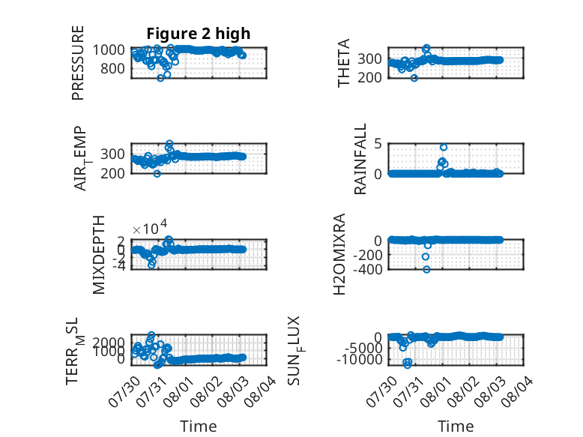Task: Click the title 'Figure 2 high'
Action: pos(198,34)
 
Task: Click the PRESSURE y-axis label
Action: pos(78,63)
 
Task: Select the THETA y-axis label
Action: pos(343,63)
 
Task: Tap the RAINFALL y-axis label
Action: pos(360,159)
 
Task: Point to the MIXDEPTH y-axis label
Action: pos(98,255)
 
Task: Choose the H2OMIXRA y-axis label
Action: pos(339,254)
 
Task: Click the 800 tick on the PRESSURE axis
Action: pos(112,68)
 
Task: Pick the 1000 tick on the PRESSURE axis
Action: pos(109,49)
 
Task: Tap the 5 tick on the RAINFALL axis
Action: pos(378,143)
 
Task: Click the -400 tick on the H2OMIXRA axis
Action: pos(367,269)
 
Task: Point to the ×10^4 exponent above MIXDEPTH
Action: pos(150,228)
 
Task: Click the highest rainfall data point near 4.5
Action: pos(443,147)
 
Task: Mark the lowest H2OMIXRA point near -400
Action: pos(426,269)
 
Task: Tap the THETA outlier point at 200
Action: pos(414,78)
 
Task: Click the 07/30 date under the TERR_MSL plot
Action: pos(124,391)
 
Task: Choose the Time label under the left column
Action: pos(198,427)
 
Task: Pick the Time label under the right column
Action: pos(456,427)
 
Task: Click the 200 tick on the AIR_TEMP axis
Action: pos(112,173)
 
